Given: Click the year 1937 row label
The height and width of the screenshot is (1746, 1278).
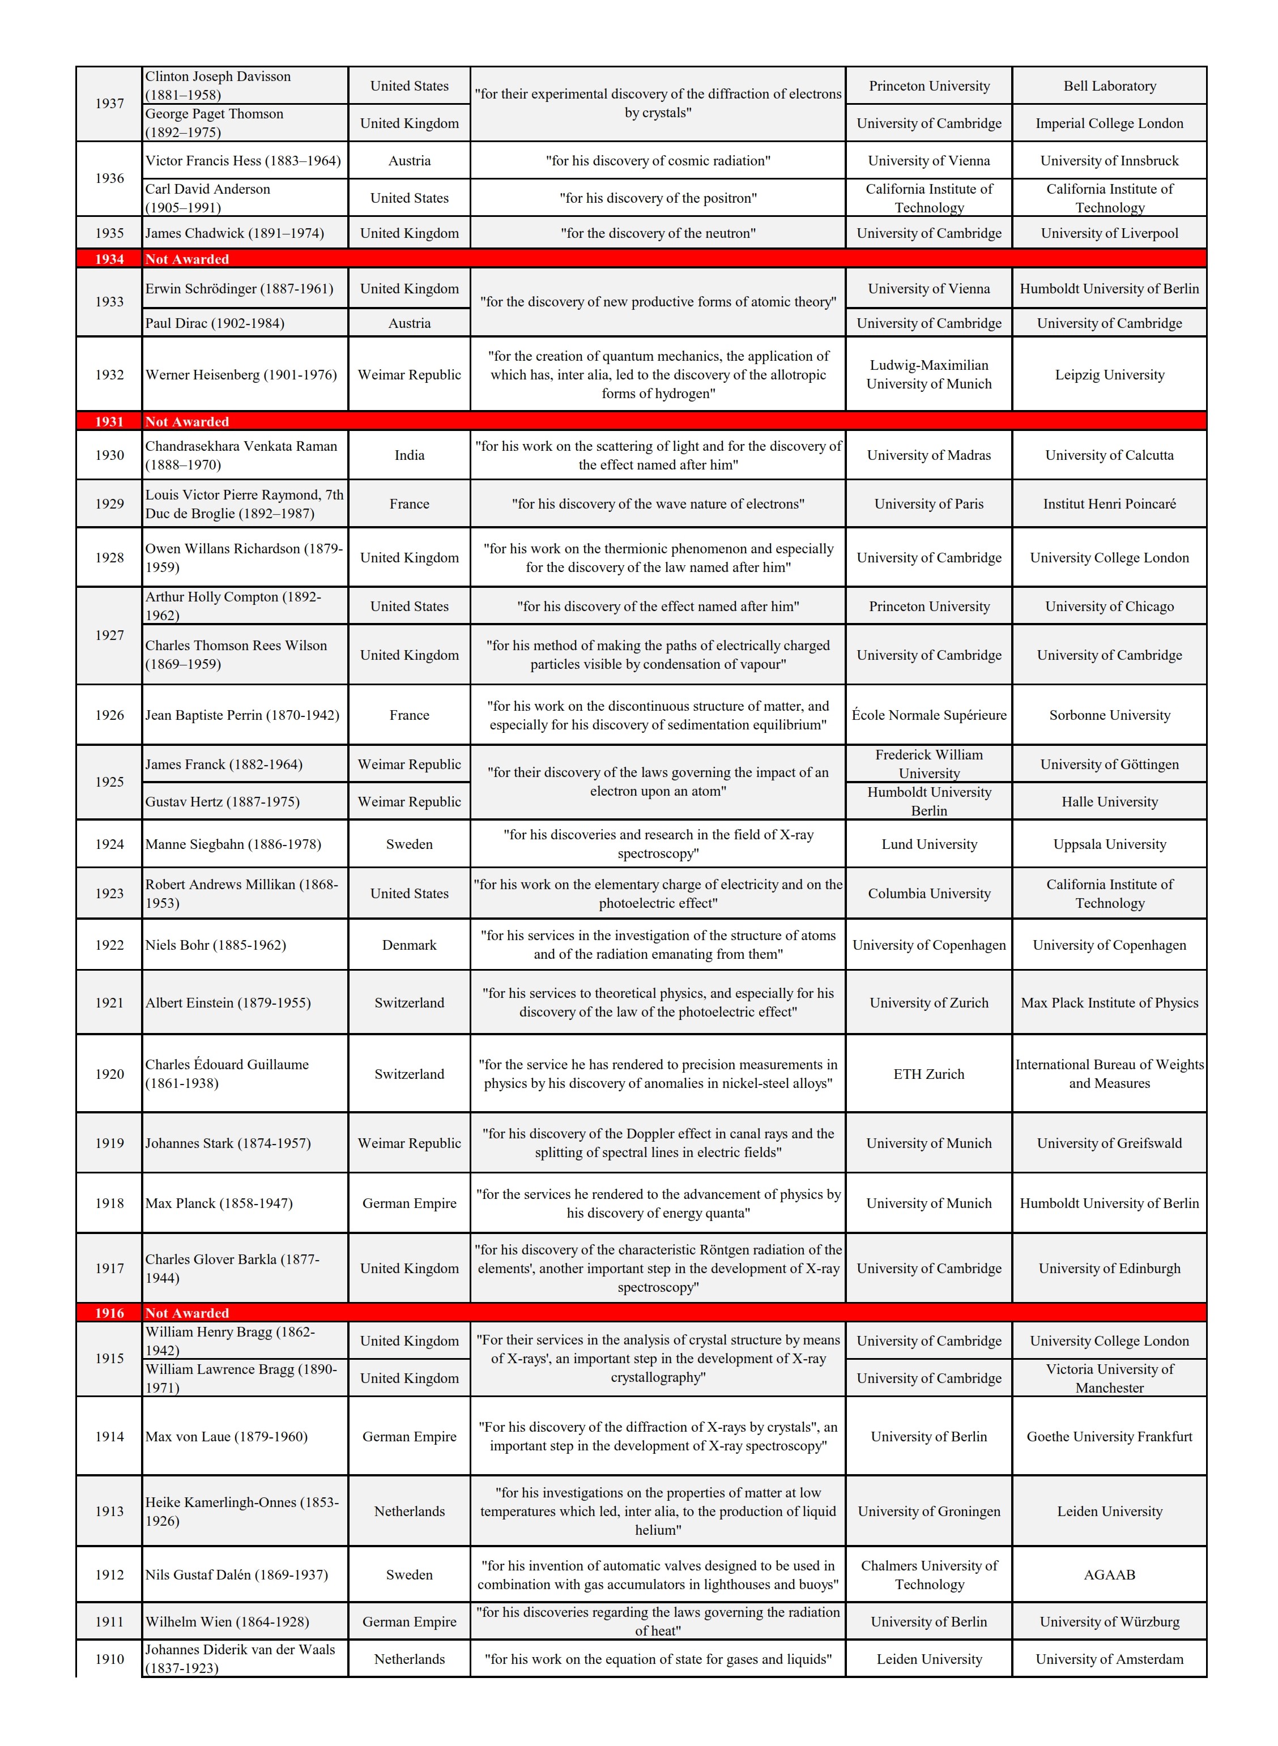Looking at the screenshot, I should [x=109, y=104].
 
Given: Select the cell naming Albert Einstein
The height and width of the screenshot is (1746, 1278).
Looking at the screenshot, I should [x=228, y=1002].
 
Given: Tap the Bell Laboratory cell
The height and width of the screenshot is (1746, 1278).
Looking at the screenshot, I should [x=1109, y=86].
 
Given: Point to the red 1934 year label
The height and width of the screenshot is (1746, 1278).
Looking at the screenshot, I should [x=109, y=259].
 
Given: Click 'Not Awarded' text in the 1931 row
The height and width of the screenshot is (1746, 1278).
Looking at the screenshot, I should [x=187, y=421].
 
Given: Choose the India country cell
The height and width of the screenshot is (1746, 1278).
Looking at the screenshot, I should [x=409, y=455].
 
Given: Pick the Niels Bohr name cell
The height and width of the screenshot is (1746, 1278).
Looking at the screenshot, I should [x=216, y=944].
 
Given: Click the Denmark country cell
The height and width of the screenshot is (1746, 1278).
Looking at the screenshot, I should [x=409, y=944].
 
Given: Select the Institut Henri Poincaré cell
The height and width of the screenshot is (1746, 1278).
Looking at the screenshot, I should [x=1109, y=503].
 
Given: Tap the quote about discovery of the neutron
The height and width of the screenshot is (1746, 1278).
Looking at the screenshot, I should [x=658, y=233].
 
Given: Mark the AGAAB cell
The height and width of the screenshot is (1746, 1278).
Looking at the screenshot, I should [x=1109, y=1574].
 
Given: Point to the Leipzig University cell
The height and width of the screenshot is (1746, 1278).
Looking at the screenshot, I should [x=1109, y=374].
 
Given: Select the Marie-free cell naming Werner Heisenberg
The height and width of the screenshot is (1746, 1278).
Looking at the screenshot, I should [x=241, y=374].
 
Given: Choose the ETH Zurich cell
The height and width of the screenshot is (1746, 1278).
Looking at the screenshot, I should [x=928, y=1073].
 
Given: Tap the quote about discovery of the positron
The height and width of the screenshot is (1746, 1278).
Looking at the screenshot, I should [x=658, y=198].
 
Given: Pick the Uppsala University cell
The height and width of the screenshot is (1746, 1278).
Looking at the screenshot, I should [x=1109, y=844].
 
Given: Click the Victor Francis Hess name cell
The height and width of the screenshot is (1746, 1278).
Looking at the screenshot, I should [x=243, y=161].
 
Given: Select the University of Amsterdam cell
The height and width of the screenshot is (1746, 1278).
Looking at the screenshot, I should [x=1109, y=1659].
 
